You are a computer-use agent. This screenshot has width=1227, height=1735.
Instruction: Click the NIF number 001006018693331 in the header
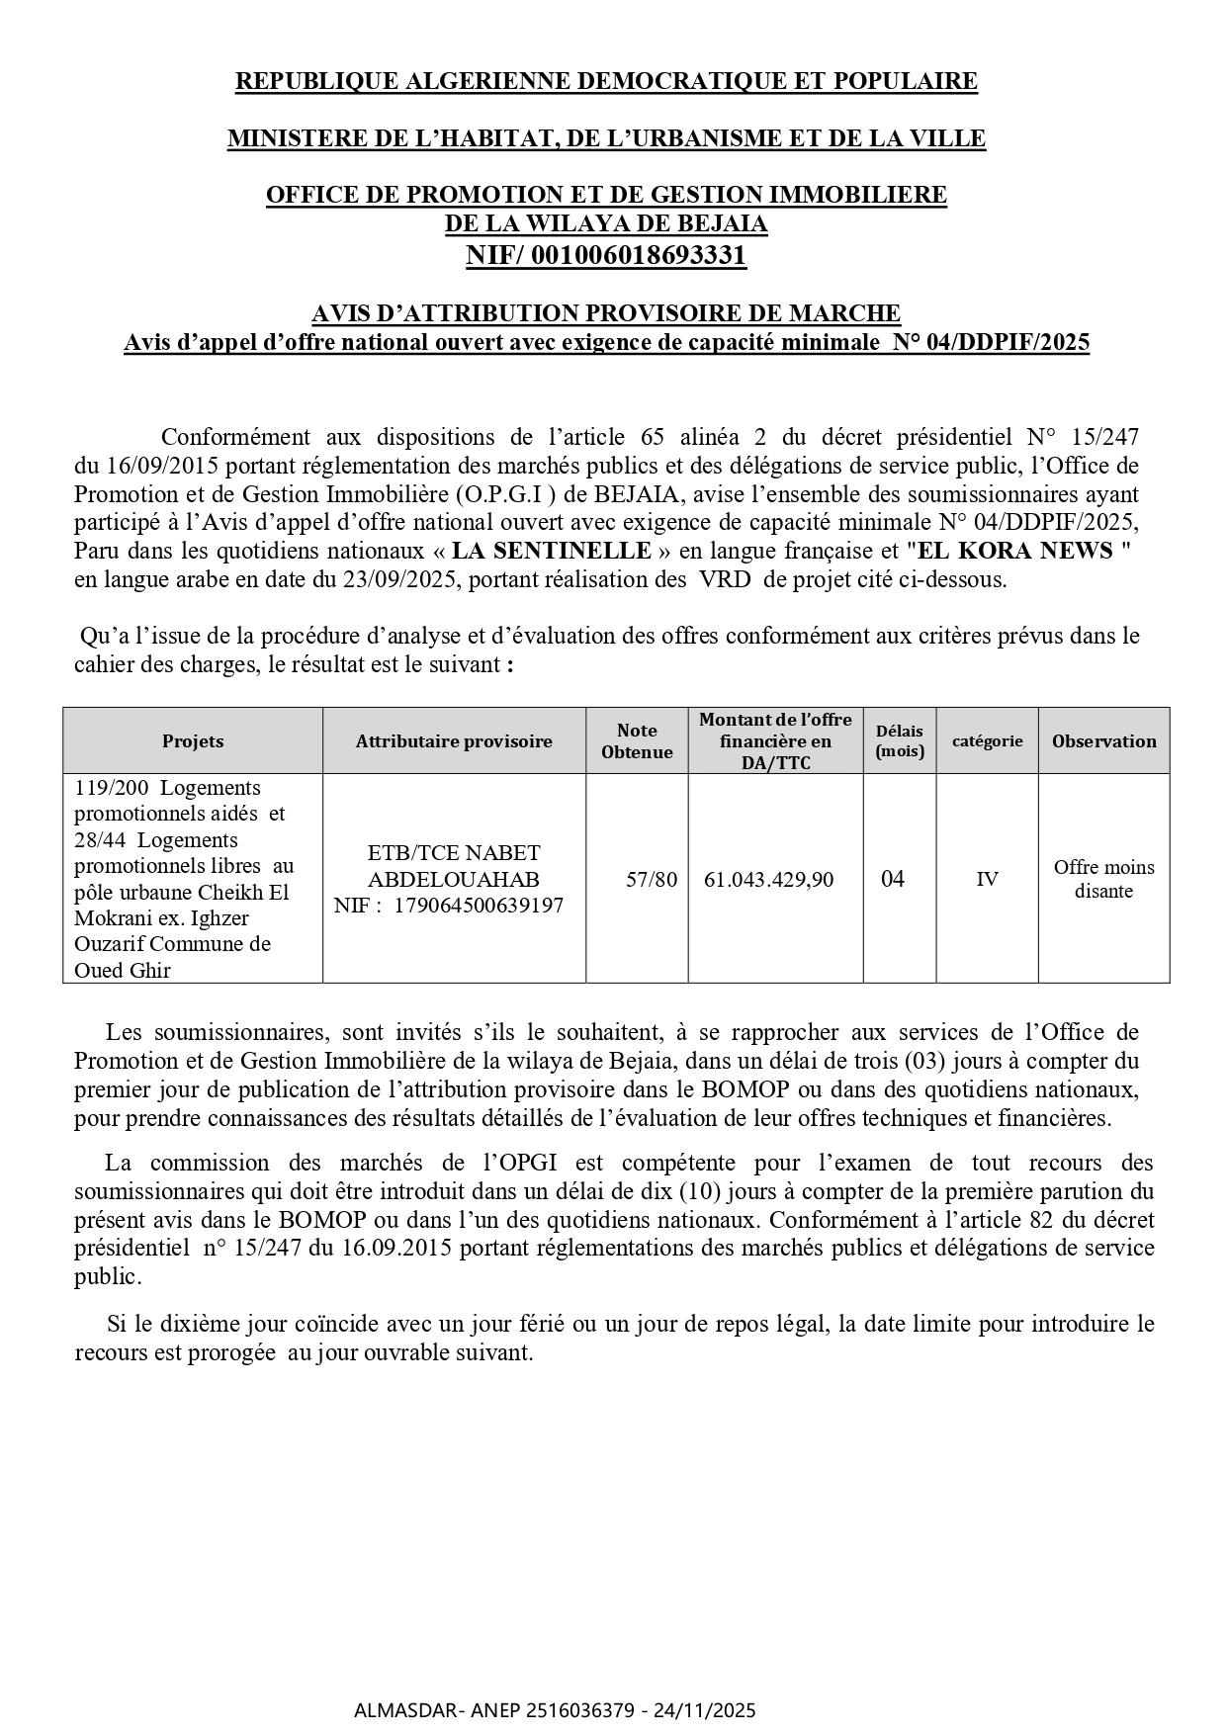pyautogui.click(x=638, y=256)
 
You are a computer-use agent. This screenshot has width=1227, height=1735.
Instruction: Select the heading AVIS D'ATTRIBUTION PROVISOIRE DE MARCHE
pyautogui.click(x=606, y=313)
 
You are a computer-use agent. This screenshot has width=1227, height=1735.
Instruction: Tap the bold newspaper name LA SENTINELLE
pyautogui.click(x=552, y=551)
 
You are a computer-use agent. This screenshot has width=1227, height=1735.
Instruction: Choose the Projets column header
pyautogui.click(x=193, y=741)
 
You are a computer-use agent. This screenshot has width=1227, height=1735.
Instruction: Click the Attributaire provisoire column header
pyautogui.click(x=454, y=741)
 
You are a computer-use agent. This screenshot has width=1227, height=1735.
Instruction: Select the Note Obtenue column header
pyautogui.click(x=637, y=741)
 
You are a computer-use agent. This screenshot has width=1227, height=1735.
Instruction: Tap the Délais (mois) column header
pyautogui.click(x=899, y=741)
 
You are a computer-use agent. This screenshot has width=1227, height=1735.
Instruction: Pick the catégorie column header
pyautogui.click(x=987, y=741)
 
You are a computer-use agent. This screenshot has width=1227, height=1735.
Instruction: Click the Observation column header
pyautogui.click(x=1103, y=741)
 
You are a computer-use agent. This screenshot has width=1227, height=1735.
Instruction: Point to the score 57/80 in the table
pyautogui.click(x=652, y=880)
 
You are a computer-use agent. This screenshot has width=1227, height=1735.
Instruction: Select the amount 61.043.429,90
pyautogui.click(x=768, y=880)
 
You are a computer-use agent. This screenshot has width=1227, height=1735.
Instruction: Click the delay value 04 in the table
pyautogui.click(x=892, y=880)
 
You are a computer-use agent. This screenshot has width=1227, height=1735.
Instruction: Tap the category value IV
pyautogui.click(x=987, y=880)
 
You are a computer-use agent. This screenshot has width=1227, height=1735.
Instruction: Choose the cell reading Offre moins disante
pyautogui.click(x=1103, y=879)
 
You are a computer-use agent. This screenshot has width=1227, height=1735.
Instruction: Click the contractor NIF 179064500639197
pyautogui.click(x=479, y=906)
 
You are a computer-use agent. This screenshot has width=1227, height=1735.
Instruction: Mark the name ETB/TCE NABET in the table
pyautogui.click(x=454, y=853)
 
